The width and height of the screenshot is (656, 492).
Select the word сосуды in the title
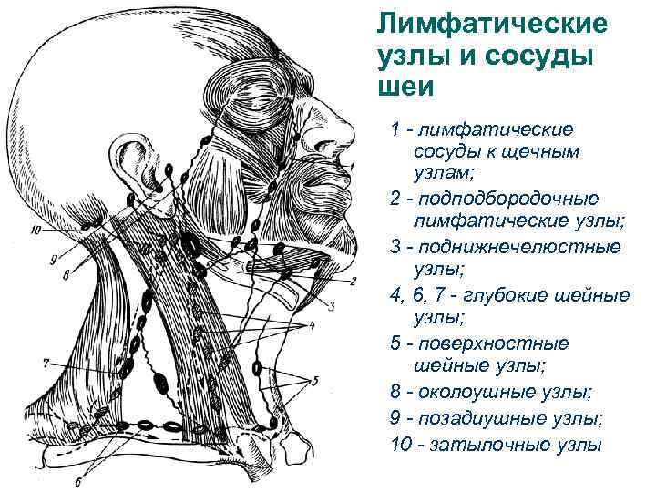pyautogui.click(x=537, y=54)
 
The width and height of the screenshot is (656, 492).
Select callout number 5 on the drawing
pyautogui.click(x=315, y=380)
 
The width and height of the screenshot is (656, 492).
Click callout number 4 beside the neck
pyautogui.click(x=313, y=325)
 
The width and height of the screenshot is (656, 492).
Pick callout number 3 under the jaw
pyautogui.click(x=332, y=303)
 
